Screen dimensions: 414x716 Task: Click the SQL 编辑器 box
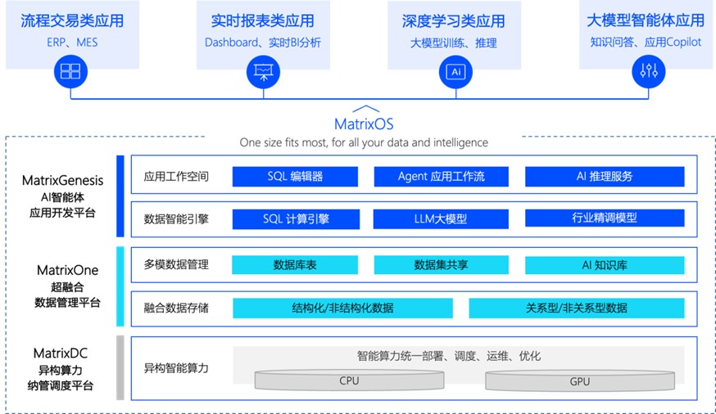click(295, 176)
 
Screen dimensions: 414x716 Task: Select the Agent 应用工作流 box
click(441, 176)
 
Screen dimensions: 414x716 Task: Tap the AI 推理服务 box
click(604, 176)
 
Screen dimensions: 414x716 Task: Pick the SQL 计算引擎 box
click(295, 218)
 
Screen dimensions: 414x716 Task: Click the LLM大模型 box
click(441, 218)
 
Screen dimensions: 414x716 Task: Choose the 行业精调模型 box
click(604, 218)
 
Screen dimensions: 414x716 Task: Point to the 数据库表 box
click(295, 265)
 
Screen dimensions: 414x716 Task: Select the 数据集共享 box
click(441, 265)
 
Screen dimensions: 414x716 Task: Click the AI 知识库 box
click(604, 265)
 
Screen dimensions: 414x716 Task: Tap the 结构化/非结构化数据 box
click(342, 308)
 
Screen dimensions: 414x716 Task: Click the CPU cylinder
click(349, 380)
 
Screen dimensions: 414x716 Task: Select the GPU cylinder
click(579, 380)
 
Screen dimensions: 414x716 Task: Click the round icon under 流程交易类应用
click(70, 72)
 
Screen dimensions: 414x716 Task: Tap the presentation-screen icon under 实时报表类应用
click(263, 72)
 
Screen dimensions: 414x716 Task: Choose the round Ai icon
click(455, 72)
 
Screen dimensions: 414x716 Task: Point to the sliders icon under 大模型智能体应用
click(648, 72)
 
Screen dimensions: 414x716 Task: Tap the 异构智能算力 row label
click(175, 368)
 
